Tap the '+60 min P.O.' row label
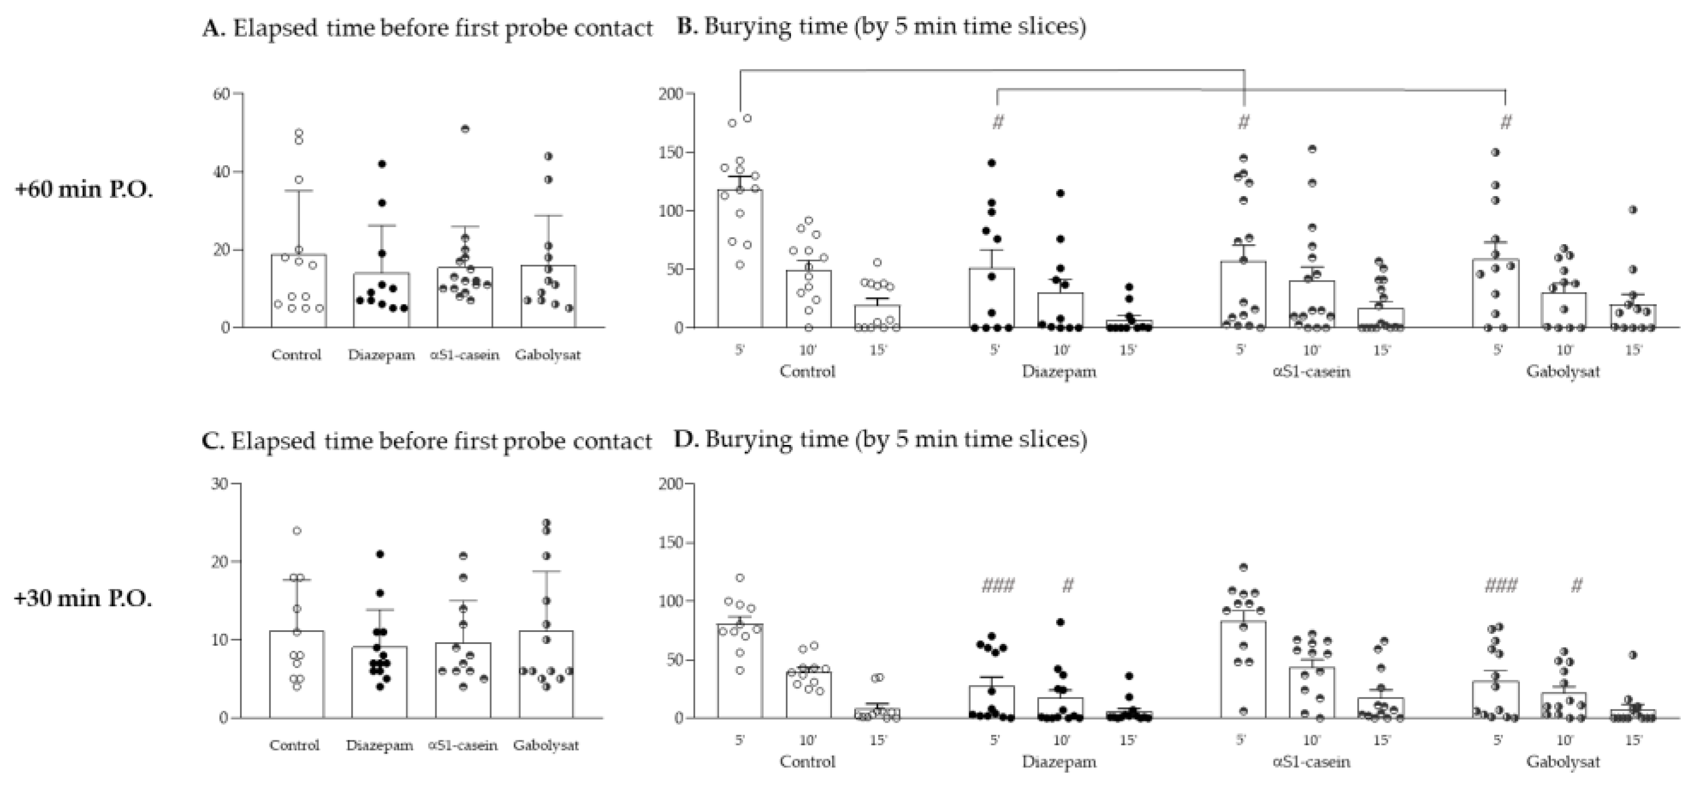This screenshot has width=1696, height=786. tap(84, 190)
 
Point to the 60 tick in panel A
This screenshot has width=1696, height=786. tap(221, 94)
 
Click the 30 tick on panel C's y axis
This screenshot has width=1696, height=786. tap(219, 484)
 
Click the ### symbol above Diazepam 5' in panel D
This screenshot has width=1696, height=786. tap(998, 585)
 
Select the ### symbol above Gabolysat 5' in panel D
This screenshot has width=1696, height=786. tap(1501, 585)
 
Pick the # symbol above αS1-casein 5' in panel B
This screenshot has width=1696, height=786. tap(1244, 122)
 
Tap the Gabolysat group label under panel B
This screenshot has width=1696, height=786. tap(1563, 371)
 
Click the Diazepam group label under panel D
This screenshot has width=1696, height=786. tap(1059, 762)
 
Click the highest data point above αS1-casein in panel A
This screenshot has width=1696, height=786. tap(465, 129)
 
